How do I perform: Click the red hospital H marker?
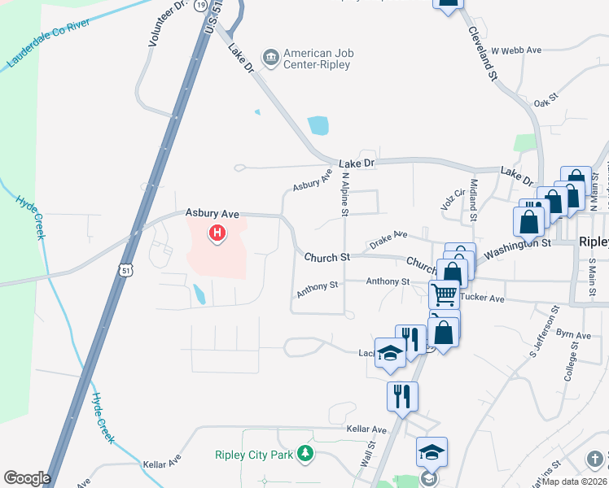(217, 234)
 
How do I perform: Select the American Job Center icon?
(270, 55)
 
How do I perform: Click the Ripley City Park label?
(253, 455)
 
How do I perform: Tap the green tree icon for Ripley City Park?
(304, 453)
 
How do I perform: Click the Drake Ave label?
(388, 239)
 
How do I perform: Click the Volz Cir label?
(452, 200)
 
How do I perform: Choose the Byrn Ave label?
(573, 334)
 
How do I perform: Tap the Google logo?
(27, 478)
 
